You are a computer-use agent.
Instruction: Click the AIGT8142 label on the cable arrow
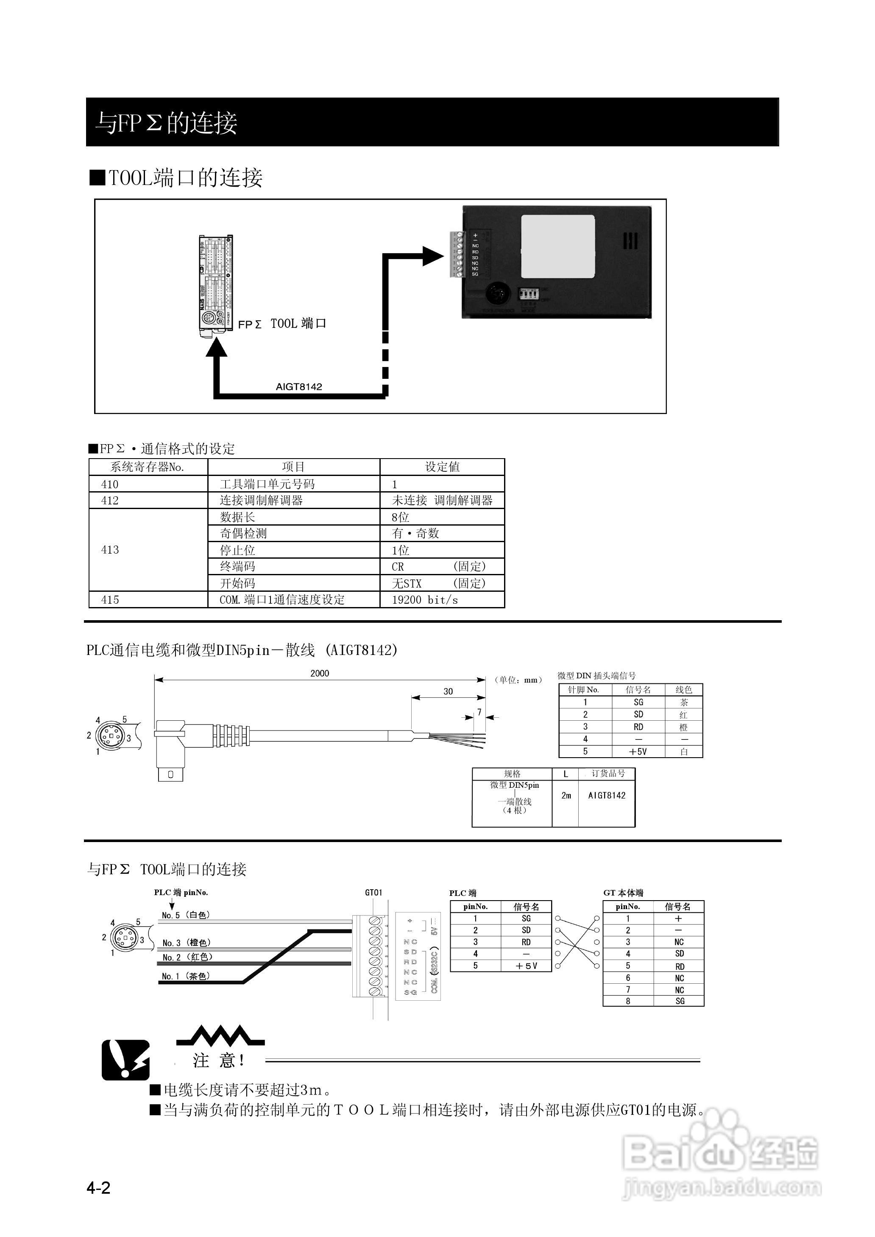point(298,386)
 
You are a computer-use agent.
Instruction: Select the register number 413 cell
point(110,550)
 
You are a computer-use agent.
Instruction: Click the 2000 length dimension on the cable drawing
point(320,673)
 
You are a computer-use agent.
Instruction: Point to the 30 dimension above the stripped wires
point(448,691)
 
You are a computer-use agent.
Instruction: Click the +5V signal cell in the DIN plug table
point(638,751)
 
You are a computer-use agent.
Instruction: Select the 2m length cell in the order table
point(566,795)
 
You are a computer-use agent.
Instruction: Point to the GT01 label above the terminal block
point(373,893)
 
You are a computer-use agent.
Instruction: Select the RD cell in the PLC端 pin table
point(526,942)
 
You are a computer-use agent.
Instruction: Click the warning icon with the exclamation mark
point(125,1060)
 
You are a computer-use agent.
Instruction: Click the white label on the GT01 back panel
point(557,247)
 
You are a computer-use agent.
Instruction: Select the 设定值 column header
point(442,467)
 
